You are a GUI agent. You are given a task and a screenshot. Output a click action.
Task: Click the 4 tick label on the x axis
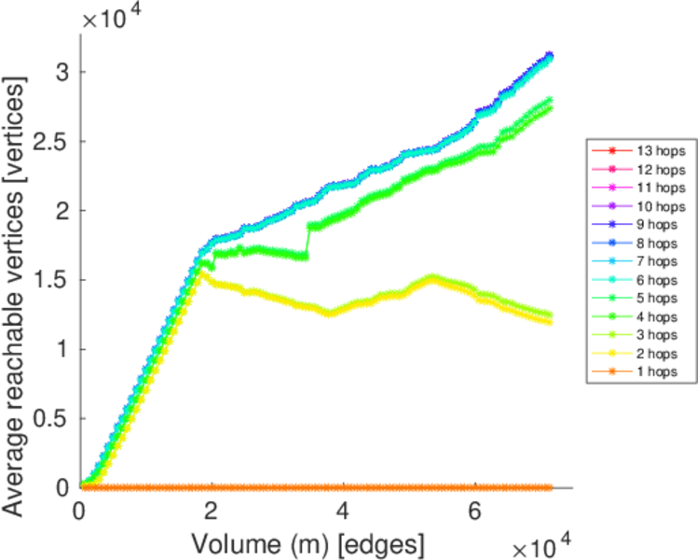click(x=343, y=511)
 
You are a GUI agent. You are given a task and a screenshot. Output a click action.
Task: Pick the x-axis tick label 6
click(x=474, y=511)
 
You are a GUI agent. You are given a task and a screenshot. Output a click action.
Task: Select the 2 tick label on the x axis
click(x=212, y=511)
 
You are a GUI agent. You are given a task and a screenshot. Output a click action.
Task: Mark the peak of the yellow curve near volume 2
click(x=200, y=272)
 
